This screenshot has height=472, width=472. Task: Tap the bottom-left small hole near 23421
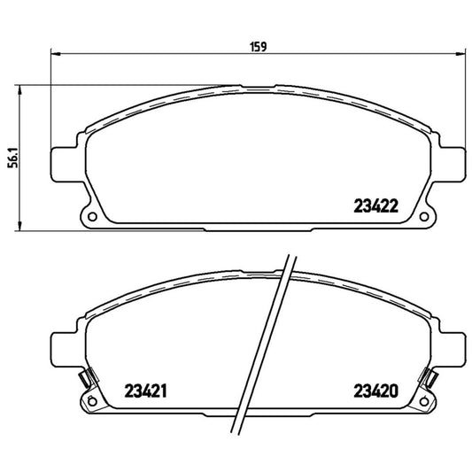click(x=90, y=405)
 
